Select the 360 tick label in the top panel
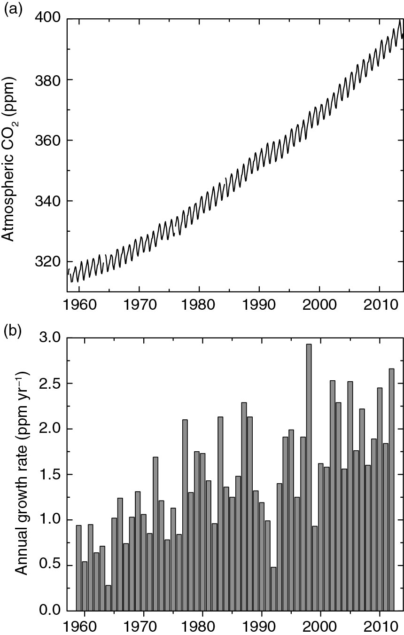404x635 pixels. point(47,141)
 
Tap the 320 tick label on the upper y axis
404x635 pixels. point(47,262)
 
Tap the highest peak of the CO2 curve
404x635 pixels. point(400,20)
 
